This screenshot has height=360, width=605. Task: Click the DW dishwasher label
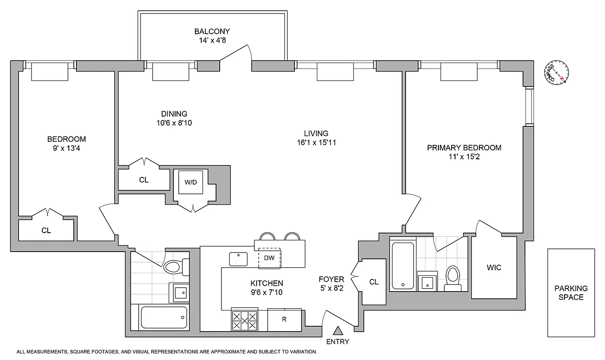pos(269,258)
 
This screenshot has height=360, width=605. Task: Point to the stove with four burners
pos(244,319)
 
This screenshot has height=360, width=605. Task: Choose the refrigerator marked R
pos(284,319)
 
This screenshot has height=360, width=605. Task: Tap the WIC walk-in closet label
pos(494,268)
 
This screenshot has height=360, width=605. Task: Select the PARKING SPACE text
pos(571,293)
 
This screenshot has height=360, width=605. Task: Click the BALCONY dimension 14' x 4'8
pos(212,40)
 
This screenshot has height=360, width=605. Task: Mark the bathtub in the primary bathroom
pos(403,265)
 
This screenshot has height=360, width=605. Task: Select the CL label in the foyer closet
pos(374,282)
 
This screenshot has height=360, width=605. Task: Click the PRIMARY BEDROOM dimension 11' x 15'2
pos(464,157)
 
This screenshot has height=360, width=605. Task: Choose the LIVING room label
pos(316,133)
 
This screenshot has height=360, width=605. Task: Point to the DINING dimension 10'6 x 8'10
pos(174,122)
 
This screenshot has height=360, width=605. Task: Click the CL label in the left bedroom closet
pos(46,230)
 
